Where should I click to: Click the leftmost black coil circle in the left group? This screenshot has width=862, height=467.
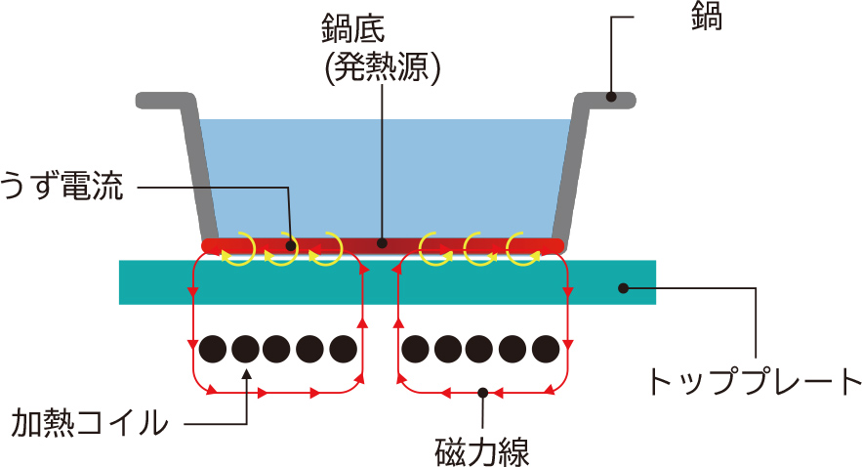(x=213, y=348)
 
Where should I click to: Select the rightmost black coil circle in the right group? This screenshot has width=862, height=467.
(x=547, y=348)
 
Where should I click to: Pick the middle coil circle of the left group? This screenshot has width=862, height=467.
(x=278, y=348)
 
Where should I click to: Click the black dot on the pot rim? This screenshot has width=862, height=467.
(x=610, y=96)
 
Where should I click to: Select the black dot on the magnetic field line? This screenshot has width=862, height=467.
(x=482, y=393)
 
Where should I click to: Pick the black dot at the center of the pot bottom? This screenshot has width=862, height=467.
(x=383, y=242)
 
